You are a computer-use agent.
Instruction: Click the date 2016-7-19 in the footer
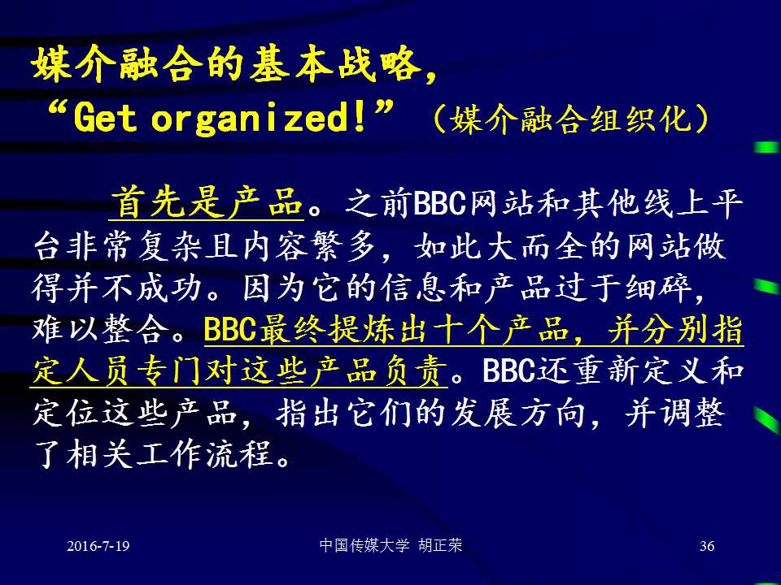tap(98, 546)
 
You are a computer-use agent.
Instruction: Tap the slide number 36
tap(707, 546)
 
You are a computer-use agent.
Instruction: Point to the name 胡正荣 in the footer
tap(440, 545)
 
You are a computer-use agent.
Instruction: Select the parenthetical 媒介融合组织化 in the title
tap(571, 119)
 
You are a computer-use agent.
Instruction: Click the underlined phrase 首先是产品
tap(207, 202)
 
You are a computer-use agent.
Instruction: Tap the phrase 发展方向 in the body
tap(517, 413)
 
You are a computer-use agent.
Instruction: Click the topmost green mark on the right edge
tap(767, 147)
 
